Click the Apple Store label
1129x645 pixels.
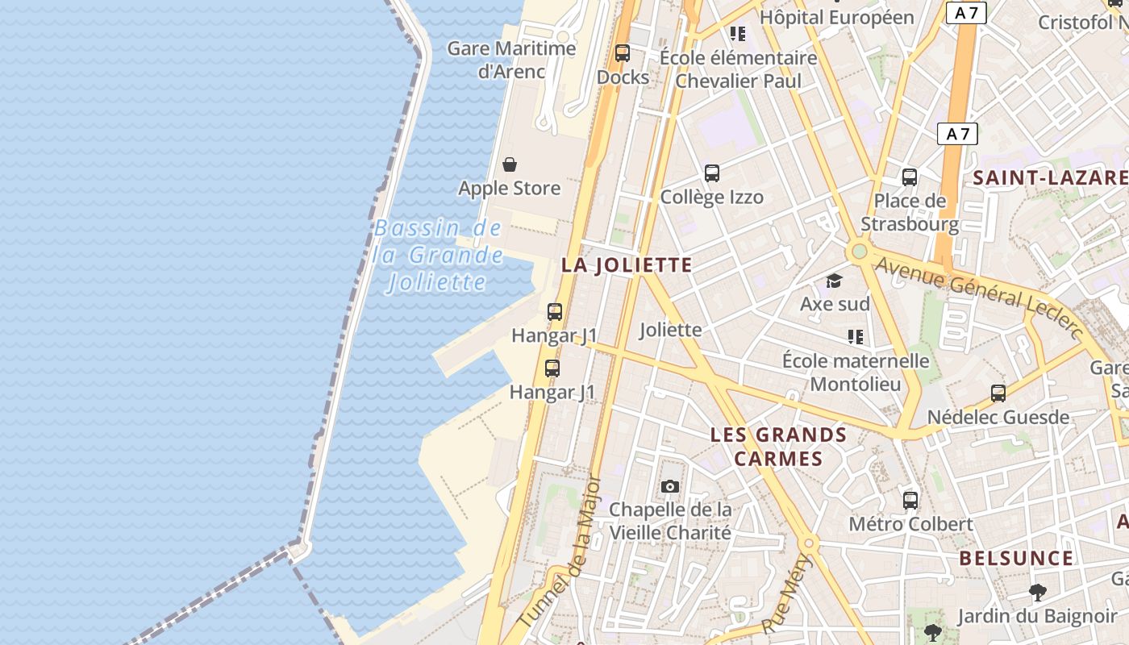(x=509, y=189)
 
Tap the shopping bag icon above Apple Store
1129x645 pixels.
(x=510, y=165)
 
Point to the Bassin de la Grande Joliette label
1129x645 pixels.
(x=438, y=256)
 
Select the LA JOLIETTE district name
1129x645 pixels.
(x=627, y=265)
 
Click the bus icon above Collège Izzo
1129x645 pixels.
(x=711, y=173)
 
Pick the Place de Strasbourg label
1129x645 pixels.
(x=910, y=212)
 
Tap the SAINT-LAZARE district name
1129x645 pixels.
(x=1050, y=178)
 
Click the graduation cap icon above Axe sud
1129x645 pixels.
(x=834, y=281)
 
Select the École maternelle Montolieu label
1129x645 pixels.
(x=856, y=372)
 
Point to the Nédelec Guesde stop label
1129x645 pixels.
(x=998, y=418)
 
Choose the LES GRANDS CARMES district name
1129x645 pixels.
(x=778, y=447)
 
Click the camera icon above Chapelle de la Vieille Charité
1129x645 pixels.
(x=669, y=486)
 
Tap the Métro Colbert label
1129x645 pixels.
(x=910, y=524)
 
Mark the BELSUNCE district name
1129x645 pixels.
(x=1016, y=558)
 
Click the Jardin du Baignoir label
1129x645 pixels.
(x=1036, y=617)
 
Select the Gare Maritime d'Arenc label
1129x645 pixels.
(x=511, y=60)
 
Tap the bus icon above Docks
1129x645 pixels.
(x=622, y=53)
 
